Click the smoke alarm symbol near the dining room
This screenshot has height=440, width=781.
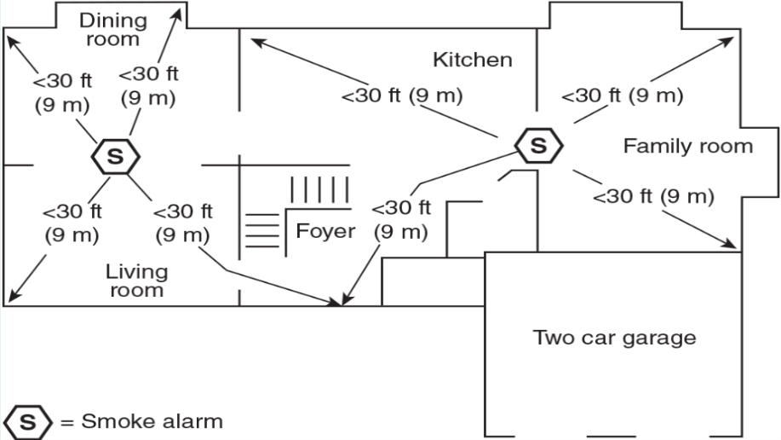tap(115, 155)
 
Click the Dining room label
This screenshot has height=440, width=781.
tap(112, 29)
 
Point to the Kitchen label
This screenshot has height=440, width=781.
tap(473, 60)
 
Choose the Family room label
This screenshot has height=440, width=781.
tap(688, 146)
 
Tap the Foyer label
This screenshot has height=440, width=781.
tap(325, 231)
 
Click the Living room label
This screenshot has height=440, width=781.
tap(136, 281)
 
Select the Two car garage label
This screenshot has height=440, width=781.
tap(614, 337)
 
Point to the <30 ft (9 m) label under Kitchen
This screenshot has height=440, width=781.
tap(402, 96)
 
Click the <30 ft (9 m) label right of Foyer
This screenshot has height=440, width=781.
tap(401, 220)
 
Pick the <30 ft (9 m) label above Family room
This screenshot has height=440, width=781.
tap(622, 96)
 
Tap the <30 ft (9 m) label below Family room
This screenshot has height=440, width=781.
tap(653, 197)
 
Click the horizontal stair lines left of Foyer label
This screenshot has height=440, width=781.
tap(262, 229)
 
